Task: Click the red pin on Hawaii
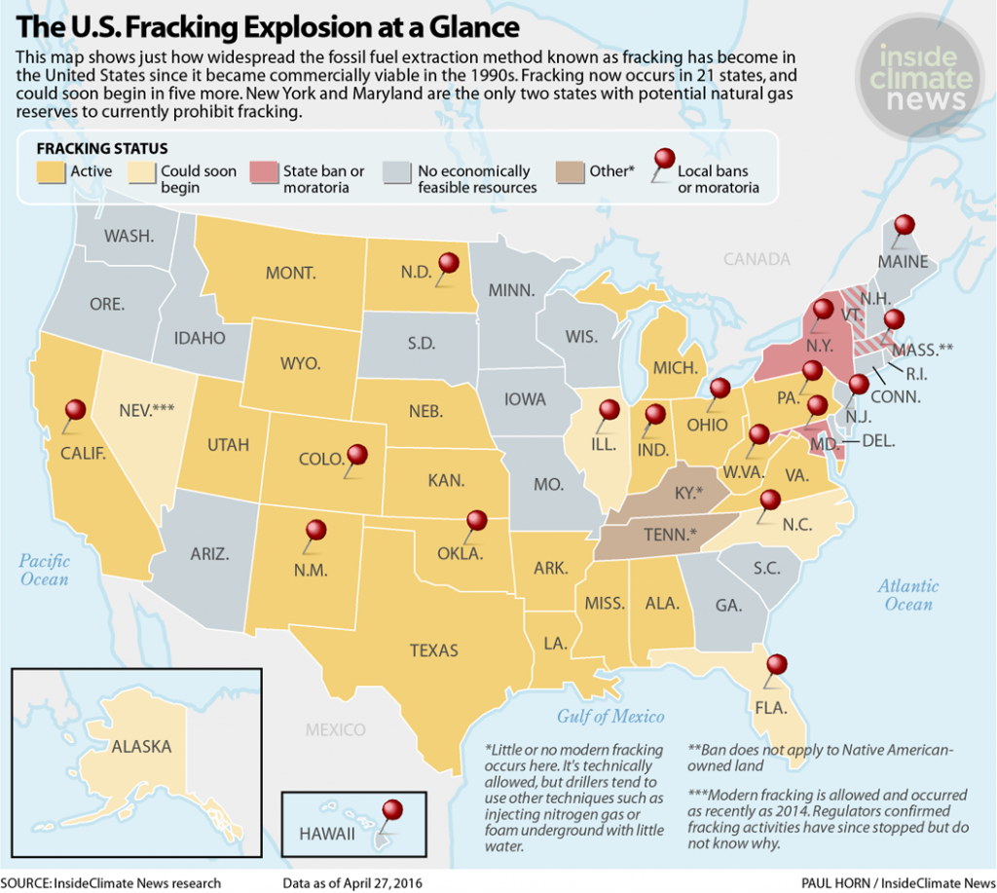[x=392, y=810]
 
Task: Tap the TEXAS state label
[x=433, y=650]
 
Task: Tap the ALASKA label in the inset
[x=141, y=747]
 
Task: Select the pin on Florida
[x=776, y=666]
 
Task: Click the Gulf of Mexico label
[x=610, y=716]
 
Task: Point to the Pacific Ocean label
[x=45, y=570]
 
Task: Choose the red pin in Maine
[x=905, y=225]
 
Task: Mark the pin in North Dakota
[x=449, y=263]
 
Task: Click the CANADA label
[x=757, y=259]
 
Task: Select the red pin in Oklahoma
[x=476, y=521]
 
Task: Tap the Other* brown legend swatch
[x=571, y=172]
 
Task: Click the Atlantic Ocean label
[x=907, y=595]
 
